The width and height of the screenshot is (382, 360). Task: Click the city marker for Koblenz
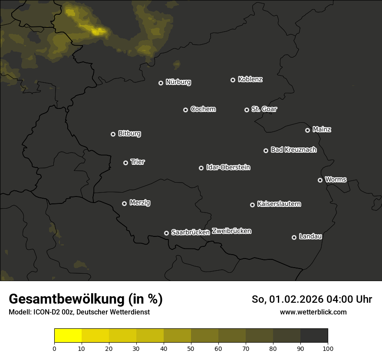click(233, 80)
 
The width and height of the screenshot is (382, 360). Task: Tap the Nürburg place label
click(178, 82)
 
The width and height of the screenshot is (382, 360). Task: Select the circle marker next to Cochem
click(185, 110)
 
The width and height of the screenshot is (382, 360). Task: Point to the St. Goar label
click(264, 109)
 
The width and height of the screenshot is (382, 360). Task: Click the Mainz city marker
click(307, 130)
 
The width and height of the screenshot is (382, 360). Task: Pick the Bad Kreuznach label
click(293, 150)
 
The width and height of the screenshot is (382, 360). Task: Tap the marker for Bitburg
click(113, 134)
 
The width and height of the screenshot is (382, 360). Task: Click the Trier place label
click(138, 162)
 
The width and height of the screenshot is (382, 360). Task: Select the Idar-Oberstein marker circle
click(201, 168)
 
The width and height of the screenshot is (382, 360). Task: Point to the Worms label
click(336, 179)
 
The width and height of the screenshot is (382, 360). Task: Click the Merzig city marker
click(124, 203)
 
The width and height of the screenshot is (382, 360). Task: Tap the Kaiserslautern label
click(279, 204)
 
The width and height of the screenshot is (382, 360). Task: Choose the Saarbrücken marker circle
click(166, 233)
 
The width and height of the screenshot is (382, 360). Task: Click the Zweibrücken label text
click(231, 231)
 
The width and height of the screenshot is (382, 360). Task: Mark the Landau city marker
click(294, 237)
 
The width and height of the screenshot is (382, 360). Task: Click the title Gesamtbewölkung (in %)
click(86, 299)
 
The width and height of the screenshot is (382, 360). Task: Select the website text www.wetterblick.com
click(313, 312)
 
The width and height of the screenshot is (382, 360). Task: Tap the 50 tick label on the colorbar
click(191, 348)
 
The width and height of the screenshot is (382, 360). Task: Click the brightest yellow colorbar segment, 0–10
click(68, 336)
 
